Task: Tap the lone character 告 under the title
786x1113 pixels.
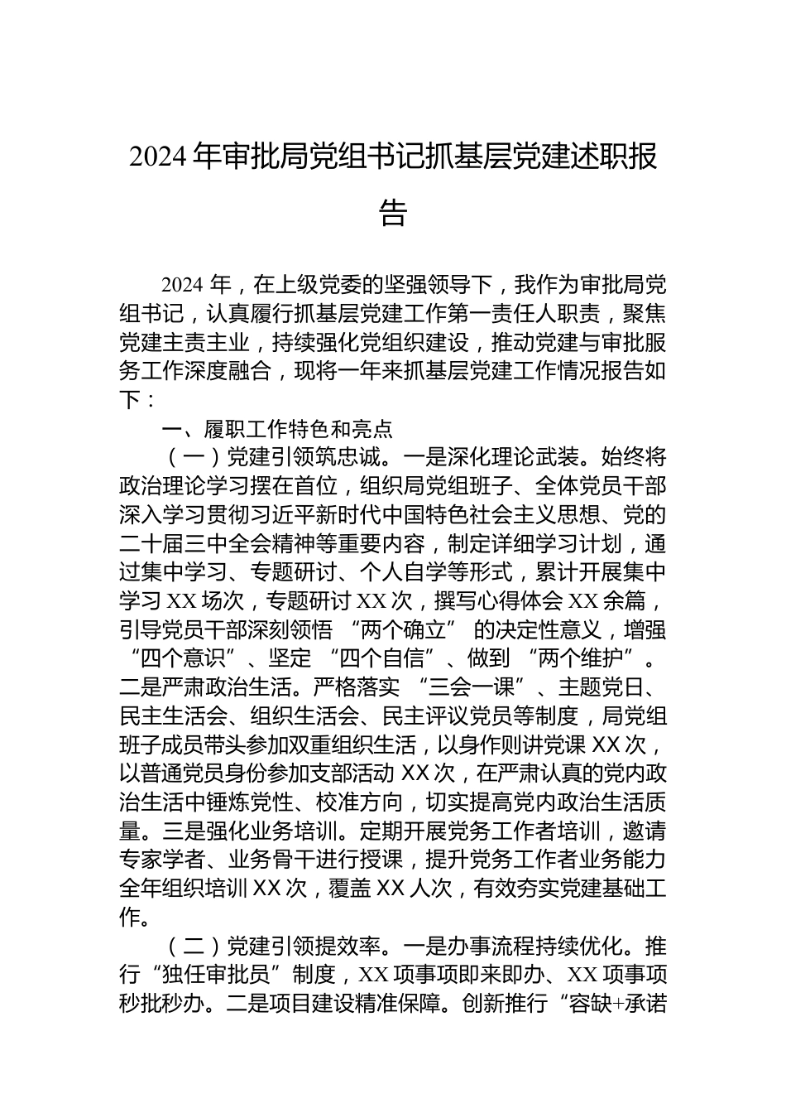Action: point(393,213)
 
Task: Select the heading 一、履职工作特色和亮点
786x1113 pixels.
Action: point(277,429)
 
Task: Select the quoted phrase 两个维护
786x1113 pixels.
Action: point(589,660)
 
